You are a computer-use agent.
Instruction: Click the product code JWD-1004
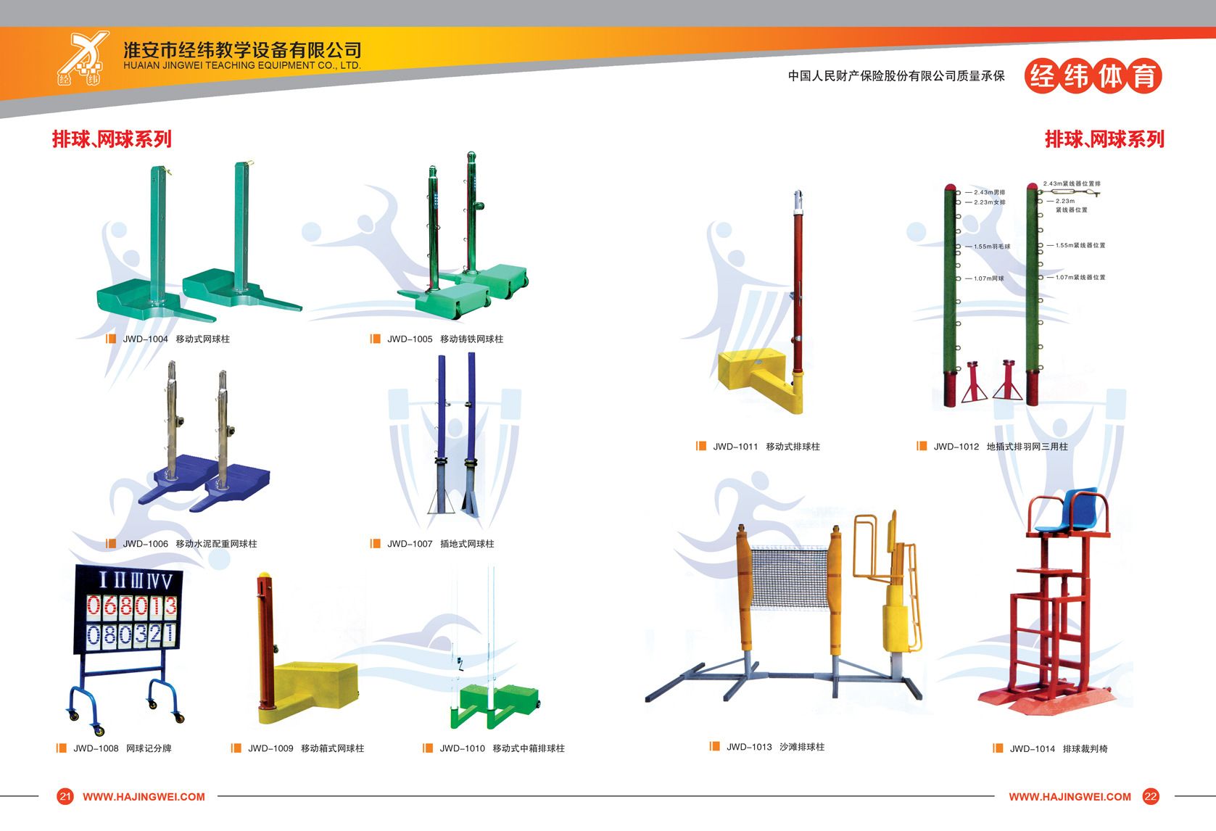(145, 339)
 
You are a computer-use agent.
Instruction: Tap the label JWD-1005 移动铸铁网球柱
(444, 339)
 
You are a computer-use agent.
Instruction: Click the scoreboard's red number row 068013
(132, 605)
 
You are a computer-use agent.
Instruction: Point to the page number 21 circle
(65, 796)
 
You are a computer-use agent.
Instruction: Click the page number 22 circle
(1151, 796)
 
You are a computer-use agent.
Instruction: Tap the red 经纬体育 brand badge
(1093, 76)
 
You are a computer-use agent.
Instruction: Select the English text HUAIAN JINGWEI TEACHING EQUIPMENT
(242, 65)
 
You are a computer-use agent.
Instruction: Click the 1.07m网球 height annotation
(988, 278)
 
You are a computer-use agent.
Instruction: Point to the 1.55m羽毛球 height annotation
(991, 247)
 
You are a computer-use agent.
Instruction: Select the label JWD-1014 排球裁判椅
(1058, 749)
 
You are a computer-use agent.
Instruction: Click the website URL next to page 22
(1070, 796)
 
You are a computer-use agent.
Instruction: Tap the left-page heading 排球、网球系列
(112, 138)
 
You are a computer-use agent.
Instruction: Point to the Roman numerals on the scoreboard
(135, 580)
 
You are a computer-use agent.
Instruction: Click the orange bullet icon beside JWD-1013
(715, 746)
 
